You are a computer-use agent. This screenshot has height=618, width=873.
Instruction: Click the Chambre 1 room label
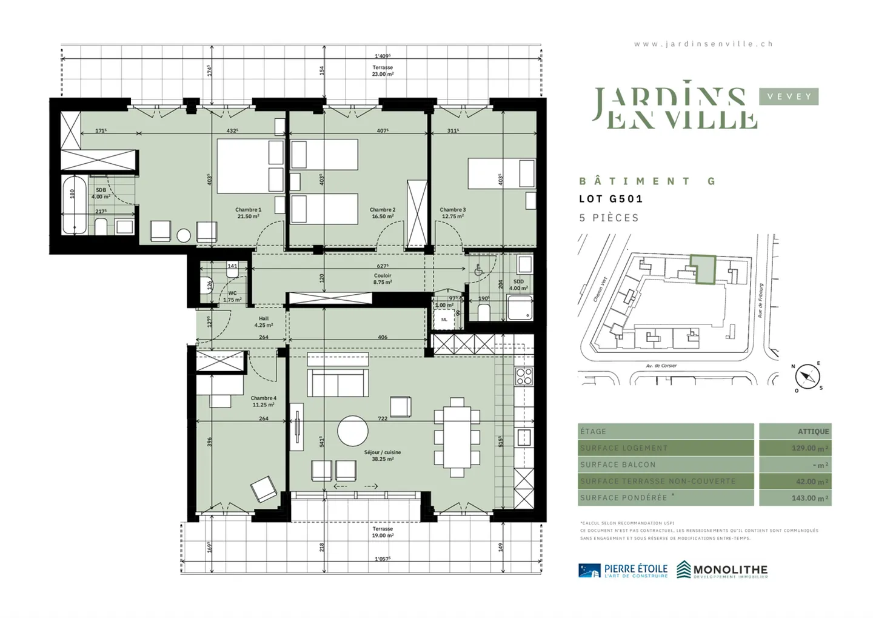pyautogui.click(x=248, y=213)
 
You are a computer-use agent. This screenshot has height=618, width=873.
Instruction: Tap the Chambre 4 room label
pyautogui.click(x=263, y=401)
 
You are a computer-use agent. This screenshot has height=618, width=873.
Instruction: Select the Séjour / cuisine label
pyautogui.click(x=382, y=455)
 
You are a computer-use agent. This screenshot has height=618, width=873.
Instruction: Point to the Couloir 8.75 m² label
pyautogui.click(x=383, y=278)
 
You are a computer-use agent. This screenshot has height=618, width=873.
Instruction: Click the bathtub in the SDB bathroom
pyautogui.click(x=75, y=204)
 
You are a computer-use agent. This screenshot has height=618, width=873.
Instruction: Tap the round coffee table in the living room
pyautogui.click(x=352, y=431)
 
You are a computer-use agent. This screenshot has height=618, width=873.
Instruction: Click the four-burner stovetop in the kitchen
pyautogui.click(x=524, y=376)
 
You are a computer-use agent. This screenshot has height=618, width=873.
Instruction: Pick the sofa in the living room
pyautogui.click(x=338, y=383)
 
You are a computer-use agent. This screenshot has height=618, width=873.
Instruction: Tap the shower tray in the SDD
pyautogui.click(x=520, y=307)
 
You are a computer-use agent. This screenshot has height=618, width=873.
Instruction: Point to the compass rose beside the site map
pyautogui.click(x=807, y=377)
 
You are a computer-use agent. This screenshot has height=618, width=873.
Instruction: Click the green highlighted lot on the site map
pyautogui.click(x=703, y=269)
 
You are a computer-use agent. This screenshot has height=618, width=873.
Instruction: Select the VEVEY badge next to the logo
pyautogui.click(x=789, y=96)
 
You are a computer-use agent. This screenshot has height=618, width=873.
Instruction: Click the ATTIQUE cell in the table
pyautogui.click(x=795, y=431)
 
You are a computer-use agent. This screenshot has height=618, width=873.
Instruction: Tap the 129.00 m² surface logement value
pyautogui.click(x=795, y=448)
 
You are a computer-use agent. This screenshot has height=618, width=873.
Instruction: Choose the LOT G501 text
pyautogui.click(x=610, y=199)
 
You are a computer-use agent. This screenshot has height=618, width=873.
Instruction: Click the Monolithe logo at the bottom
pyautogui.click(x=722, y=569)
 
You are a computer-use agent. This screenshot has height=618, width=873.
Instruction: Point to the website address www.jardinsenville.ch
pyautogui.click(x=703, y=44)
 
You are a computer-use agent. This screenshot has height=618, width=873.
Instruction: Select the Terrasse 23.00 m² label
pyautogui.click(x=383, y=71)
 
